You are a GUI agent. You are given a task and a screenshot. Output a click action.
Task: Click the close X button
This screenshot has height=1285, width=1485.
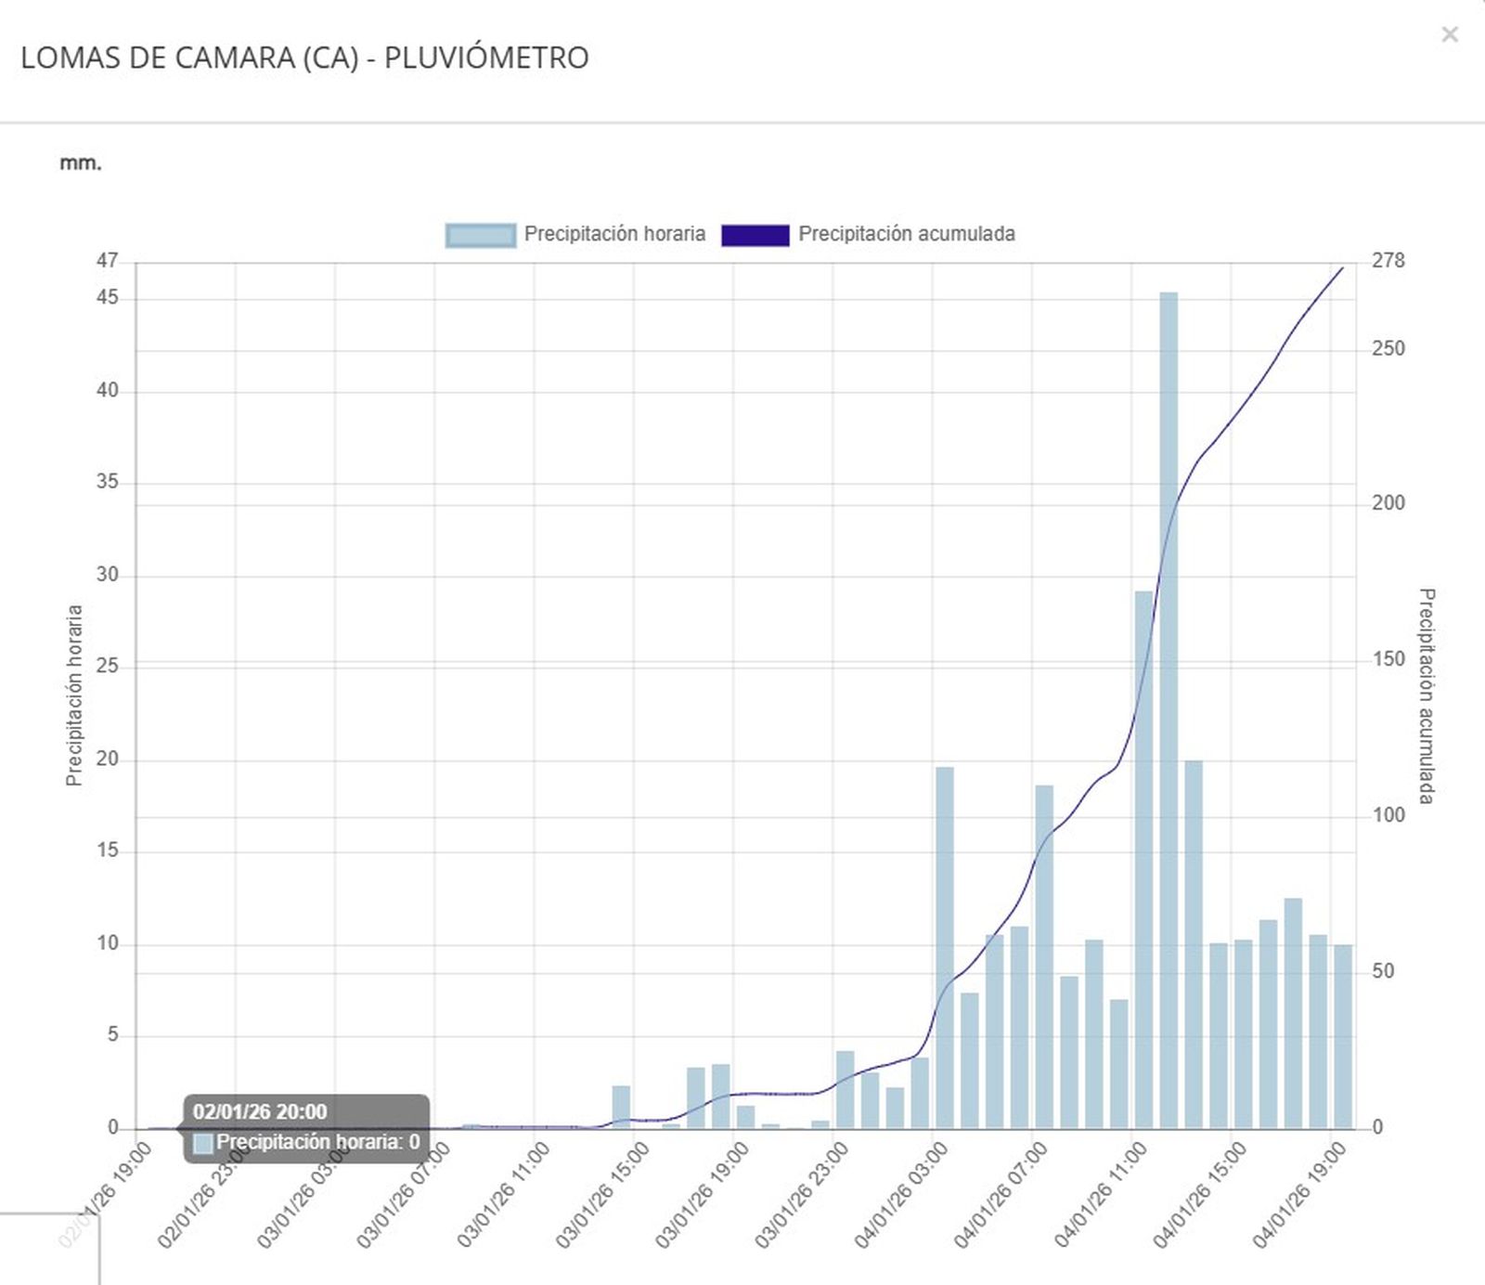pos(1449,35)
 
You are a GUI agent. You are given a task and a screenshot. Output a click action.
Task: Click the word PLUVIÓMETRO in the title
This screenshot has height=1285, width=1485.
pos(486,58)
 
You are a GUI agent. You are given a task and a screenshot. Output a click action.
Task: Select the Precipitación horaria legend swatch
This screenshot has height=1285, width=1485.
pos(480,235)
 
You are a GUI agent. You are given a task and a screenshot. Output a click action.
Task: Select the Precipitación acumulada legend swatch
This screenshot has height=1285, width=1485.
pos(755,235)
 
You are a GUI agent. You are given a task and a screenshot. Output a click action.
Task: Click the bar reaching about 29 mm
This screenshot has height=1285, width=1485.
pos(1143,859)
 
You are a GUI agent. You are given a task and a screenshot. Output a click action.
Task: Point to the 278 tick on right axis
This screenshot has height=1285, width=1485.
pos(1388,261)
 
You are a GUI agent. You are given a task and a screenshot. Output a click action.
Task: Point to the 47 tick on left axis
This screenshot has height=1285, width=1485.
pos(108,261)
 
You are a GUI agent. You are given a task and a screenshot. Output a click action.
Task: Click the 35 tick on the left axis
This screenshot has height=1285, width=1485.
pos(108,482)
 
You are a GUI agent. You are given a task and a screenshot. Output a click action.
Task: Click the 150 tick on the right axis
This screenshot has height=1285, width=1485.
pos(1388,659)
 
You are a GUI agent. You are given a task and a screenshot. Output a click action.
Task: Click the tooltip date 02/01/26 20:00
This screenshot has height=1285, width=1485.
pos(260,1111)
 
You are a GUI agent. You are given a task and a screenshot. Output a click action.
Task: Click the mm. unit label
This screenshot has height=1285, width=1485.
pos(80,163)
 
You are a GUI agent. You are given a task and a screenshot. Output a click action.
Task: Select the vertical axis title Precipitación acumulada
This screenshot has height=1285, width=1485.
pos(1427,695)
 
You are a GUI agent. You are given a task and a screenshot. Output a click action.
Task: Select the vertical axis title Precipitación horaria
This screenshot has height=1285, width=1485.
pos(74,695)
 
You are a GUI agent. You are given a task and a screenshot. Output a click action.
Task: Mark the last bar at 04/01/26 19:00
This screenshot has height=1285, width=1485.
pos(1343,1036)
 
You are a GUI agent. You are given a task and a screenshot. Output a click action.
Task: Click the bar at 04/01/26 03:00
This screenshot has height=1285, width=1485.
pos(945,947)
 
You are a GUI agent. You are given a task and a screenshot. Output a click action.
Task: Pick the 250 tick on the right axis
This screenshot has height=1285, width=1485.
pos(1388,349)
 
